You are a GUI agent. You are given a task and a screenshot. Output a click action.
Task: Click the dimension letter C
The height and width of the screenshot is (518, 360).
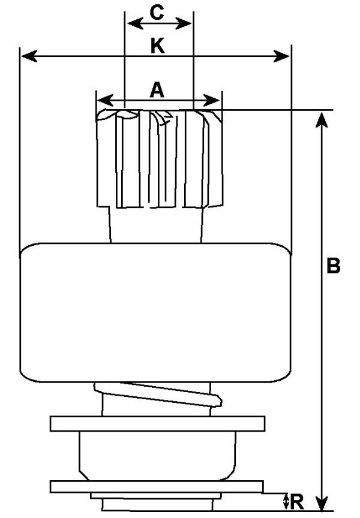(158, 13)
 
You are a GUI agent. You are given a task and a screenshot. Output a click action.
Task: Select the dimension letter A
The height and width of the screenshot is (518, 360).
(157, 90)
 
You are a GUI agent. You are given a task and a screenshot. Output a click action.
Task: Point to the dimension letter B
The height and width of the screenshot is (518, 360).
(334, 266)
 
